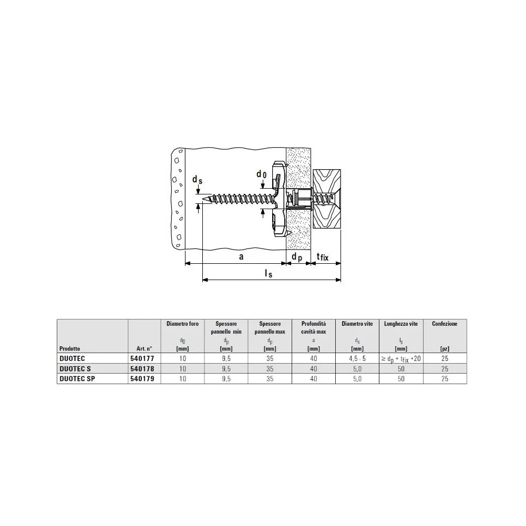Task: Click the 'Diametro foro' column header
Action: (182, 324)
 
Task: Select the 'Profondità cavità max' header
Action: (314, 328)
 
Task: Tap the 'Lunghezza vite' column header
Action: (401, 324)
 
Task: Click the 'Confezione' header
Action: (445, 324)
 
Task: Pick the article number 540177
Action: (142, 358)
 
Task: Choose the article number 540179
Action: (142, 379)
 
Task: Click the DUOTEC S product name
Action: (75, 369)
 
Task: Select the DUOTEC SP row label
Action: (77, 379)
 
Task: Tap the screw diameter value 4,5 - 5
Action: (357, 358)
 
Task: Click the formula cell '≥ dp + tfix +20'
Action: (401, 359)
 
